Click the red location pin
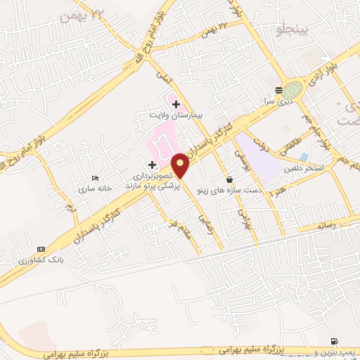tap(181, 165)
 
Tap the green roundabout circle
tap(294, 89)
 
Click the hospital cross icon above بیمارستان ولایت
tap(175, 104)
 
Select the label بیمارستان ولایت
tap(175, 114)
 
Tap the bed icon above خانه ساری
tap(96, 179)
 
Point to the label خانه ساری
tap(96, 188)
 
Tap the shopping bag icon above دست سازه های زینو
tap(230, 179)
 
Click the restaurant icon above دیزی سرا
tap(279, 90)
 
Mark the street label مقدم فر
tap(181, 229)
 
